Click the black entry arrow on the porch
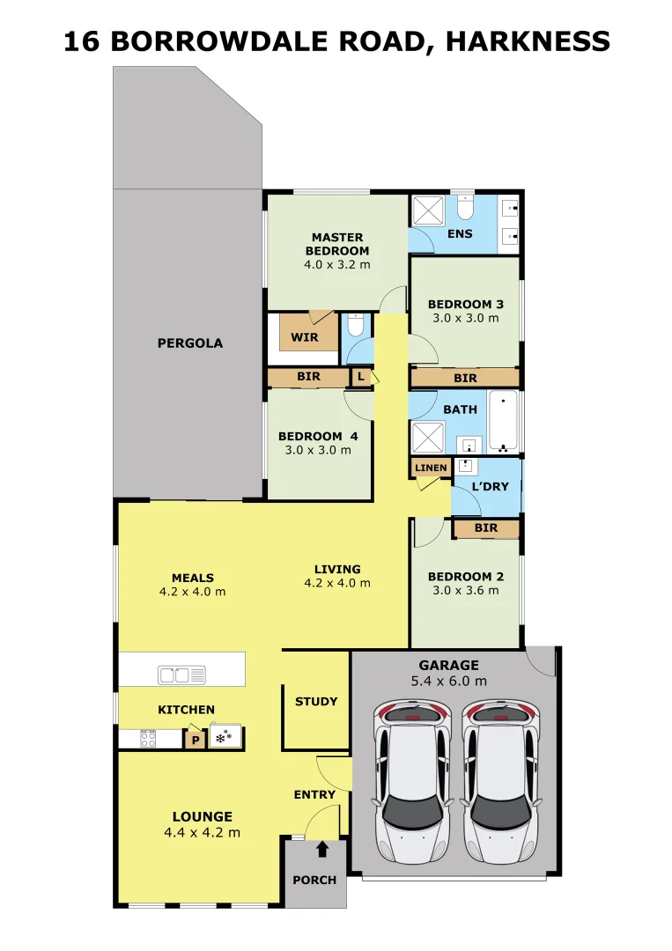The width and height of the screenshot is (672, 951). (322, 849)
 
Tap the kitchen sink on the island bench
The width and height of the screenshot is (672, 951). (181, 675)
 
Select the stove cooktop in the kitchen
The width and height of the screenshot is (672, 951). (148, 738)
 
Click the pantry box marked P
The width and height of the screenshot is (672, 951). (196, 740)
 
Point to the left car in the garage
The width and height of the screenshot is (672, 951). (412, 782)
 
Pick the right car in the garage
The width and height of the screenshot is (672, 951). (501, 782)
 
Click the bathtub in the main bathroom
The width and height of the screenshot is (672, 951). (503, 423)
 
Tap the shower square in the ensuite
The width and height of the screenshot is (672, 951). (428, 210)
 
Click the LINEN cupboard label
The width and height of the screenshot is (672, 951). (432, 468)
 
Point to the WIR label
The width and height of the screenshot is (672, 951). (305, 337)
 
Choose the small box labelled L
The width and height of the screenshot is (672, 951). (361, 377)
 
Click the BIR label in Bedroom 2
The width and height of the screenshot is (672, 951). (486, 527)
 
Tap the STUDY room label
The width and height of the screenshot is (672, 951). (316, 702)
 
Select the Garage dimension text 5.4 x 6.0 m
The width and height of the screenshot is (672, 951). (449, 681)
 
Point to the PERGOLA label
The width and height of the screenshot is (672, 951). (190, 343)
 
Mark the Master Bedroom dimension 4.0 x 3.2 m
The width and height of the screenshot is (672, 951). (337, 264)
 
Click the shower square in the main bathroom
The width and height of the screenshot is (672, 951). (427, 438)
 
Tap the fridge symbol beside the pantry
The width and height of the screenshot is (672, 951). (225, 737)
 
